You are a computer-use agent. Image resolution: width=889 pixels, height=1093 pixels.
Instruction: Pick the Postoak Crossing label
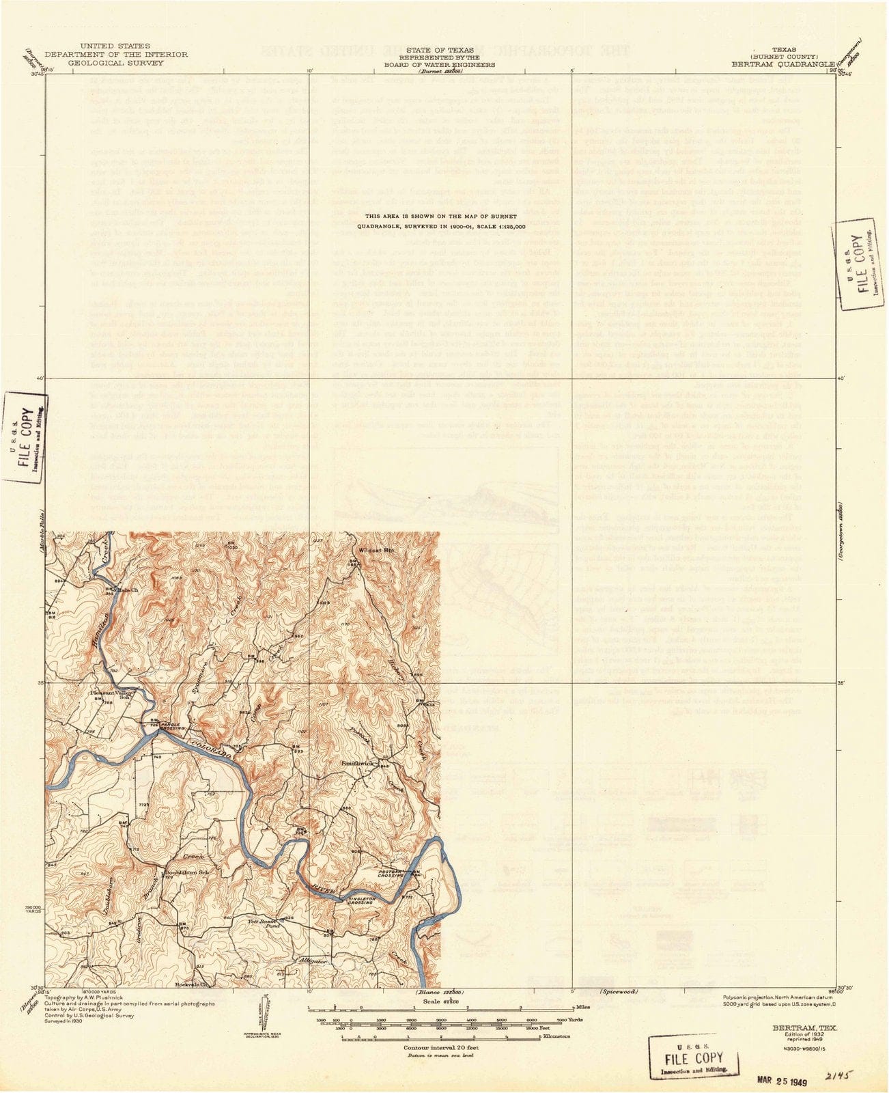tap(395, 872)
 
